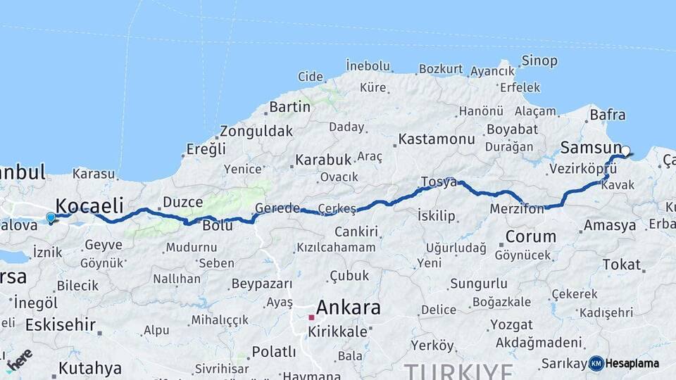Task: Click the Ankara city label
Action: tap(348, 308)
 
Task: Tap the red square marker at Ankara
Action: tap(311, 317)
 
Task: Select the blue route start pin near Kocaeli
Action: tap(51, 217)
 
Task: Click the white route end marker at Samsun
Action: tap(625, 151)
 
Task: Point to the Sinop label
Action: tap(539, 61)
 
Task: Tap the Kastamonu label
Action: tap(437, 139)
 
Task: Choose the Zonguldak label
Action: tap(256, 132)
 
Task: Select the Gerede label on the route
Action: tap(277, 208)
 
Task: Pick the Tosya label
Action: tap(438, 182)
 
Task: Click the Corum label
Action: tap(531, 236)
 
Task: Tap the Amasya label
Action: tap(610, 226)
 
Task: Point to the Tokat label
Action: tap(622, 265)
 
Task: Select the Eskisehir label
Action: tap(60, 325)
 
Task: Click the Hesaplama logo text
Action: tap(632, 364)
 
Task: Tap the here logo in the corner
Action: tap(19, 360)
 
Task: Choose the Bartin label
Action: tap(289, 107)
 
